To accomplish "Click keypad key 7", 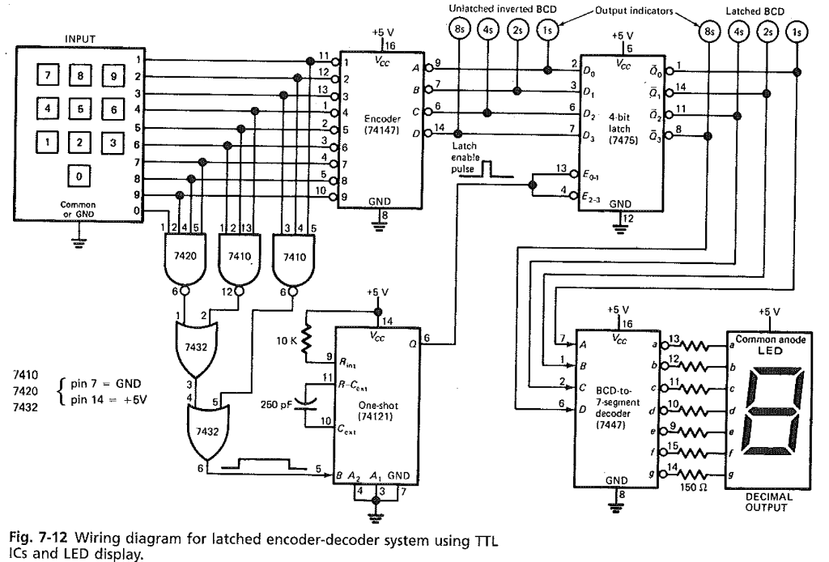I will click(x=48, y=77).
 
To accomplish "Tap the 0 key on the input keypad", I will click(x=79, y=175).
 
